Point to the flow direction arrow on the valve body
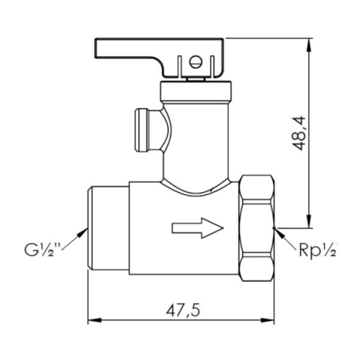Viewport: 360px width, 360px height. pyautogui.click(x=197, y=227)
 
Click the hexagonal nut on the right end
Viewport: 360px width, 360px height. pyautogui.click(x=256, y=229)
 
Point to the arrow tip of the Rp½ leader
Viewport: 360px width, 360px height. pyautogui.click(x=276, y=229)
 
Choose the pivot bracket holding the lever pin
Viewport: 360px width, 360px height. pyautogui.click(x=196, y=66)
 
